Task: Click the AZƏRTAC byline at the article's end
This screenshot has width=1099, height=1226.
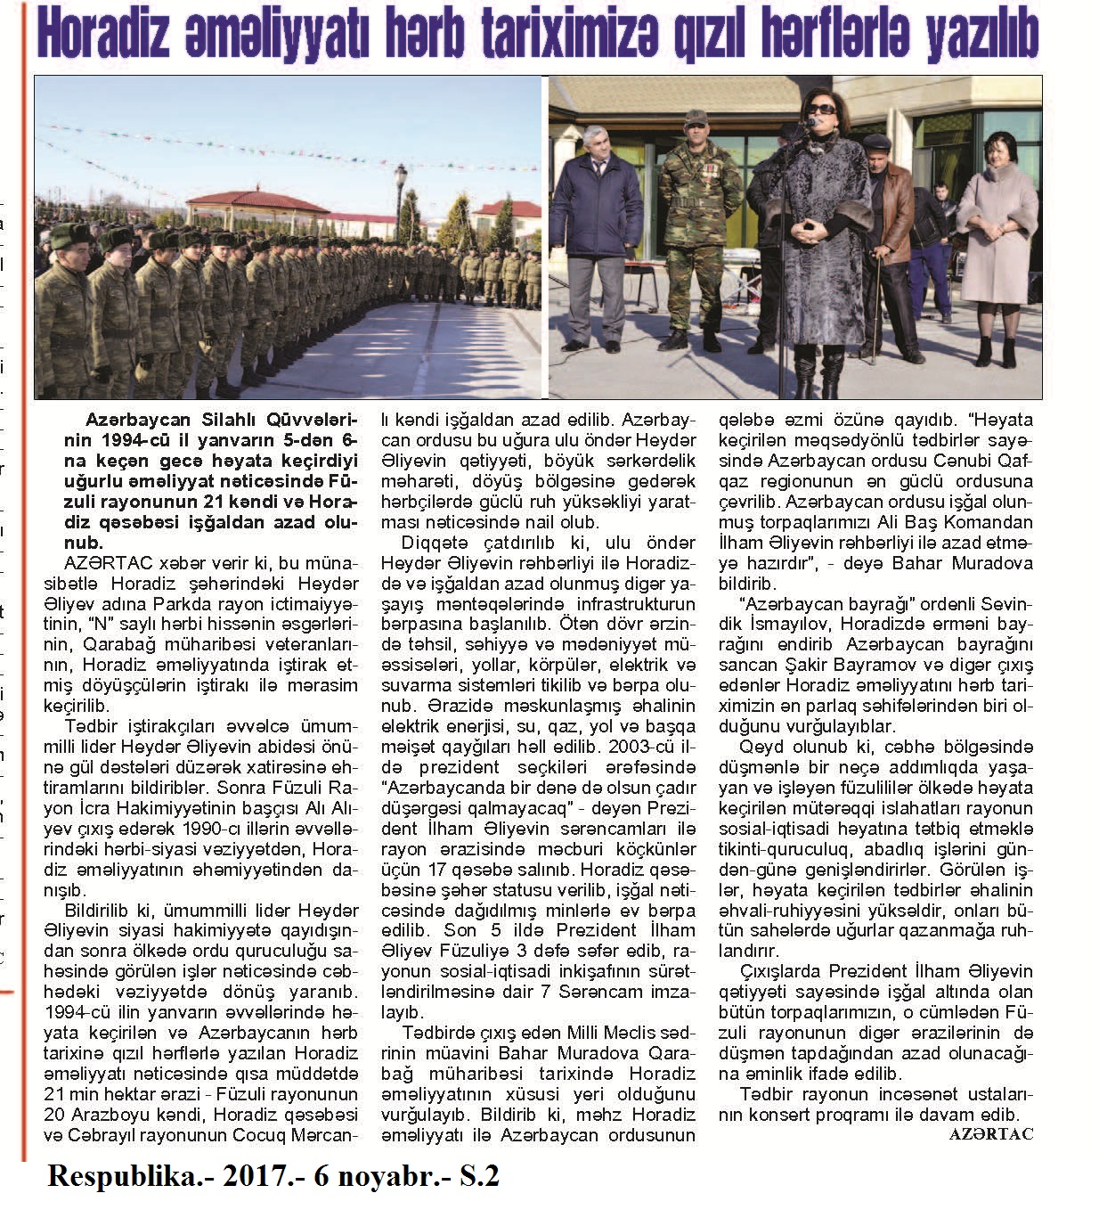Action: (990, 1134)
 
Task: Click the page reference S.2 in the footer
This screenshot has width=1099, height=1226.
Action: (479, 1177)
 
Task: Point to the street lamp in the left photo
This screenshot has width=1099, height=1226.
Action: (401, 205)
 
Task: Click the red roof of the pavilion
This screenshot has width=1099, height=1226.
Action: (258, 198)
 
